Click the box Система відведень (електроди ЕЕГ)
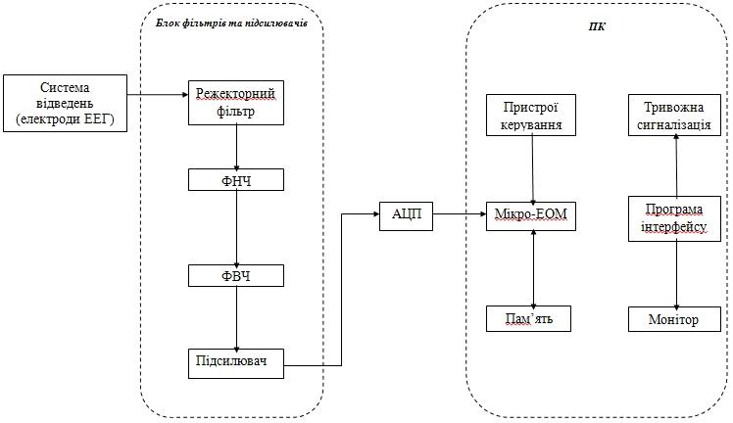65,102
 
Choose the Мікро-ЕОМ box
531,215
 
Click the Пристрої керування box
531,116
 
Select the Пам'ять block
530,318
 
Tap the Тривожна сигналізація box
675,116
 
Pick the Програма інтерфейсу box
675,217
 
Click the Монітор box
675,319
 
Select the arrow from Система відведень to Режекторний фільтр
158,95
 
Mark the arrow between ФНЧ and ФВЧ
236,227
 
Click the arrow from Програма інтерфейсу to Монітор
676,273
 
